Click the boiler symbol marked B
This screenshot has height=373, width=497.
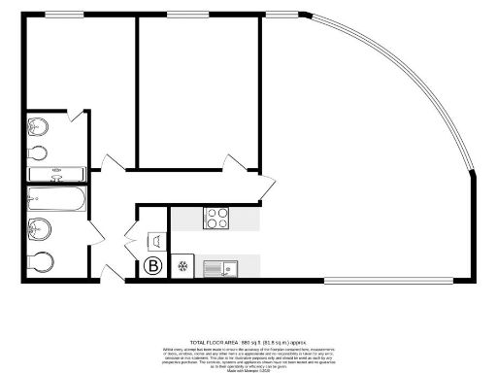click(152, 265)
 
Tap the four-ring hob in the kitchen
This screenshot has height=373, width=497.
click(215, 219)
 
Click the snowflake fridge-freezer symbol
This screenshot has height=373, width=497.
click(181, 265)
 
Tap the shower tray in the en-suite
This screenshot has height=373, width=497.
click(56, 175)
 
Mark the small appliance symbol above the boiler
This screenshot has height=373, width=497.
click(153, 239)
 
